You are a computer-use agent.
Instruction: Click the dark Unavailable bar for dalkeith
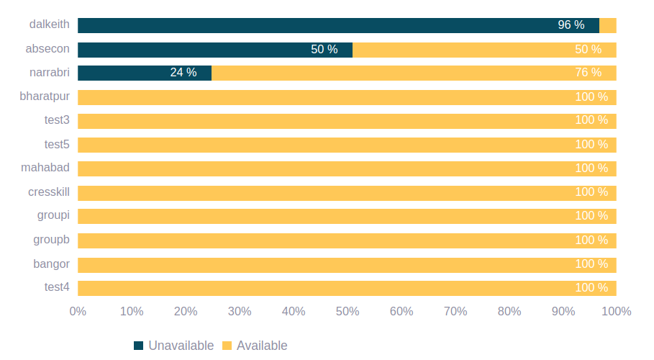(x=338, y=25)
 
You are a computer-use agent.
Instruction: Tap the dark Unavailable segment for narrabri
(x=144, y=73)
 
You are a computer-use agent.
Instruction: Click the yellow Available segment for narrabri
(x=414, y=73)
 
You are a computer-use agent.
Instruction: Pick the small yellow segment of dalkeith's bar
(x=608, y=25)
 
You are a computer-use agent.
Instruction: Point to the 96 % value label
(x=571, y=25)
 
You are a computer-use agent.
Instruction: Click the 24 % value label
(x=183, y=73)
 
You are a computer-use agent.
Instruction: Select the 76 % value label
(x=588, y=73)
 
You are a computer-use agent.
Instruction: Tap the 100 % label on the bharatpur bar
(x=591, y=96)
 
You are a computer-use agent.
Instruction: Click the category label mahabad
(x=45, y=168)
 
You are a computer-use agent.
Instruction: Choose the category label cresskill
(x=49, y=192)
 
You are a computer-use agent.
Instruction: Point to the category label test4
(x=57, y=287)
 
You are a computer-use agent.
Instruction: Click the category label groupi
(x=53, y=215)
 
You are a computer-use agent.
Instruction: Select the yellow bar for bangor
(x=345, y=264)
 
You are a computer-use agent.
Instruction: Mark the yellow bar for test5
(x=345, y=145)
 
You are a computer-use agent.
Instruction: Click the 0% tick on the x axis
(x=78, y=312)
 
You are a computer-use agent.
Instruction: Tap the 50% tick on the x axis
(x=348, y=312)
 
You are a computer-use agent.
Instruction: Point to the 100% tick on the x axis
(x=616, y=312)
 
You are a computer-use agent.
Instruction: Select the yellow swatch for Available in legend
(x=227, y=346)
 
